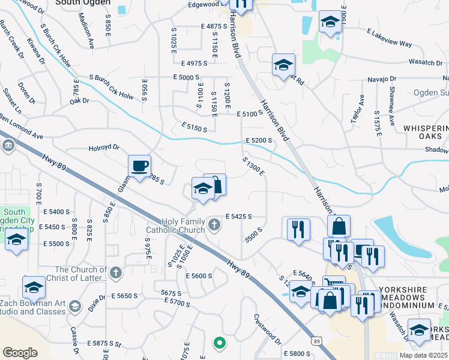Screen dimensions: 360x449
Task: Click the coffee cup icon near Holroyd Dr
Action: pyautogui.click(x=140, y=166)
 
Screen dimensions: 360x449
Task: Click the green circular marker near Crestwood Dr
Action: pyautogui.click(x=220, y=343)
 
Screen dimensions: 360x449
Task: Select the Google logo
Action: pyautogui.click(x=20, y=353)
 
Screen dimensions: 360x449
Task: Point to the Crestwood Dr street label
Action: pyautogui.click(x=268, y=329)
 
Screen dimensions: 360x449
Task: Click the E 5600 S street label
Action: pyautogui.click(x=199, y=275)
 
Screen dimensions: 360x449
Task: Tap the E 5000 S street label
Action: pyautogui.click(x=186, y=77)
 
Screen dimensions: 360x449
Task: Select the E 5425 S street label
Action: pyautogui.click(x=238, y=216)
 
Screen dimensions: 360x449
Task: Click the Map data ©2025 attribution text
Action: pyautogui.click(x=423, y=355)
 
